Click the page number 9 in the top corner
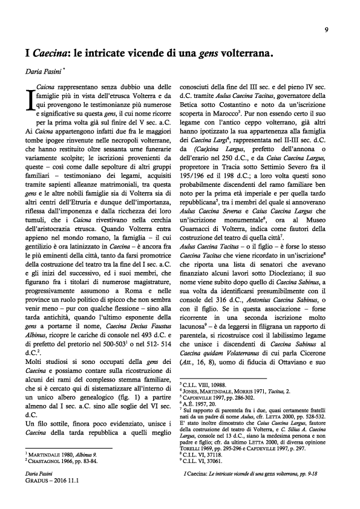click(326, 30)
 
